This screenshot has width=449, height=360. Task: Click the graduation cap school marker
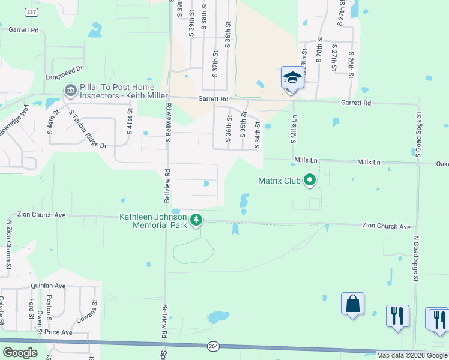coord(292,78)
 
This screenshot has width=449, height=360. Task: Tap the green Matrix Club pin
coord(310,179)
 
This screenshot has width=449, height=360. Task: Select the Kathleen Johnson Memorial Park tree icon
coord(196,220)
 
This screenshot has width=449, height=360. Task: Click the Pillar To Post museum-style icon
coord(70,90)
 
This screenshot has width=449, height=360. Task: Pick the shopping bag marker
coord(352,304)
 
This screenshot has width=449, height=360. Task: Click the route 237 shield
coord(32,13)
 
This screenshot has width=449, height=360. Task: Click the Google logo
coord(20,353)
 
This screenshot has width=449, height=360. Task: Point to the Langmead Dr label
coord(64,77)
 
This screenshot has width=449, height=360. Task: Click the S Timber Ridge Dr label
coord(86,130)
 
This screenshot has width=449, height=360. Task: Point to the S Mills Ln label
coord(294,130)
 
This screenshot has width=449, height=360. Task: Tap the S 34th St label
coord(257,135)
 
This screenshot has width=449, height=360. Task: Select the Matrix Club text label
coord(279,180)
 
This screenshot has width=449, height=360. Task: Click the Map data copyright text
coord(412,355)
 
